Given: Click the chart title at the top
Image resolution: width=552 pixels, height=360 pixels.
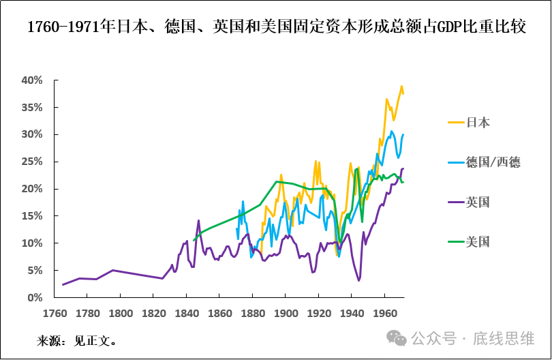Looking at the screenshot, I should pyautogui.click(x=276, y=27).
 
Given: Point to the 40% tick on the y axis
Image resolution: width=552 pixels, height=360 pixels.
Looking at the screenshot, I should pyautogui.click(x=32, y=80).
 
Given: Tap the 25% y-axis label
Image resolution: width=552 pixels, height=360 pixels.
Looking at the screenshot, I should pyautogui.click(x=32, y=162).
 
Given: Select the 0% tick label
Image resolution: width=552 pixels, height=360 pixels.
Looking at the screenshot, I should pyautogui.click(x=35, y=298).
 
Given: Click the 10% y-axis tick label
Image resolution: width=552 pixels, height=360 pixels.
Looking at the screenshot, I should pyautogui.click(x=32, y=243).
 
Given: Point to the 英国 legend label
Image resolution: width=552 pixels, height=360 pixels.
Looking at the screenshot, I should pyautogui.click(x=478, y=202).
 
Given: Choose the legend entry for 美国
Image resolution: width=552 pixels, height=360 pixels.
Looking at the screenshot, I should pyautogui.click(x=478, y=241).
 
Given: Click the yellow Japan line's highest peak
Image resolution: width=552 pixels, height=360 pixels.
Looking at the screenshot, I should pyautogui.click(x=401, y=86).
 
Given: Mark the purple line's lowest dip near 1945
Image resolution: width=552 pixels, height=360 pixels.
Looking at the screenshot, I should pyautogui.click(x=358, y=280).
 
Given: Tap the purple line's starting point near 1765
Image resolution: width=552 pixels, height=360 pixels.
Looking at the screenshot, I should pyautogui.click(x=63, y=284).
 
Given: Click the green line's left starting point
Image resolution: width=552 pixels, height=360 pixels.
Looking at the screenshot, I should pyautogui.click(x=194, y=240).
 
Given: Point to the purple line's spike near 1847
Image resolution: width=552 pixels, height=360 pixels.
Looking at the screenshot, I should pyautogui.click(x=199, y=220).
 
